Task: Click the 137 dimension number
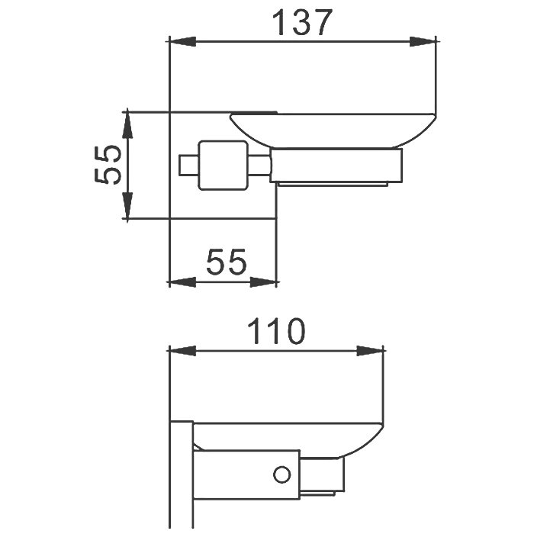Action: tap(302, 22)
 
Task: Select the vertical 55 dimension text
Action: tap(108, 165)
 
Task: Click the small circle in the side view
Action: tap(282, 474)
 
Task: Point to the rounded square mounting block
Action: tap(223, 166)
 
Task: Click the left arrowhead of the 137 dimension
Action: tap(182, 41)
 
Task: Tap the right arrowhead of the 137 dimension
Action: tap(423, 41)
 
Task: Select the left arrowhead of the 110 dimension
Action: tap(182, 351)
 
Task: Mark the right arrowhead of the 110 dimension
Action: tap(370, 351)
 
